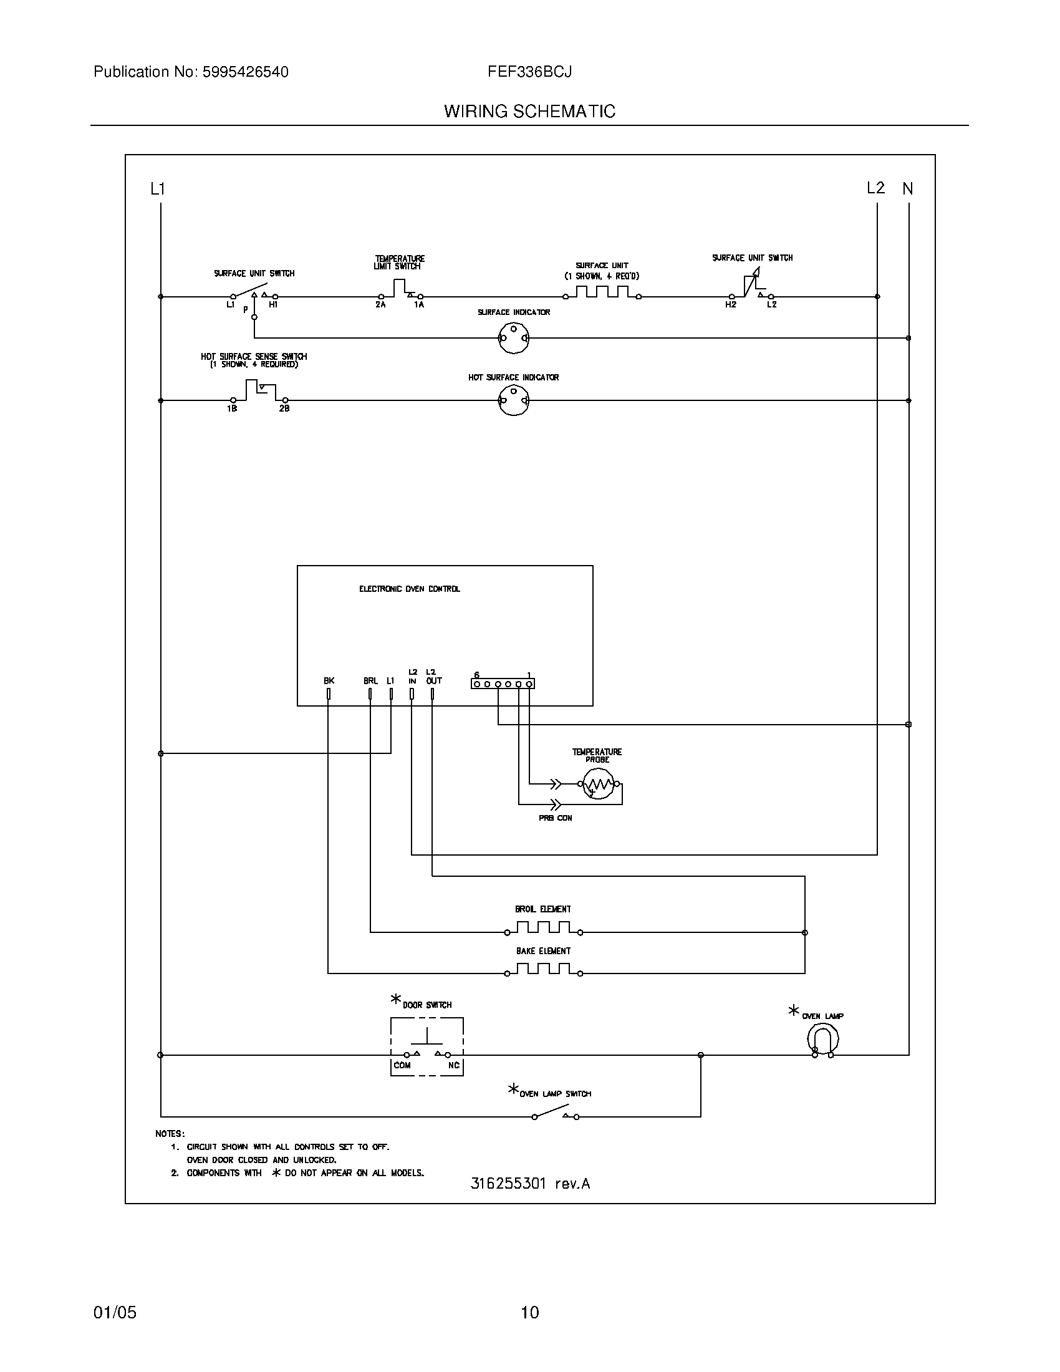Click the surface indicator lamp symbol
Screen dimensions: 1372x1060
coord(514,338)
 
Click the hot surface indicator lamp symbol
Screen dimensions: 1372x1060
coord(514,400)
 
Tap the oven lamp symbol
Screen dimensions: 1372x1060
coord(822,1038)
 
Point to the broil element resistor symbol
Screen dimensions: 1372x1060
coord(543,929)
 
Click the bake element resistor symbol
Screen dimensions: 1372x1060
coord(543,970)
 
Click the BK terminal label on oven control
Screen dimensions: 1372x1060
coord(329,680)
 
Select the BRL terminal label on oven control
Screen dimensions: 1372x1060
coord(370,680)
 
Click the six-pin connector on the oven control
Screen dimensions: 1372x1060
coord(503,684)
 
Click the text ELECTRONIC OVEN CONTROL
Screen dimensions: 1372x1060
coord(410,589)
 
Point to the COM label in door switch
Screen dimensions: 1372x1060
coord(402,1065)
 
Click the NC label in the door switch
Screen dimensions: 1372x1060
coord(453,1065)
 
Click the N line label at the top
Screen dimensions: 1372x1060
coord(907,188)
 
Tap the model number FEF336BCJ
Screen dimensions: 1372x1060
coord(529,72)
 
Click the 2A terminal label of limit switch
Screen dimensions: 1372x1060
coord(380,305)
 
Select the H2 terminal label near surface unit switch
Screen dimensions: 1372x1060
coord(730,305)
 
